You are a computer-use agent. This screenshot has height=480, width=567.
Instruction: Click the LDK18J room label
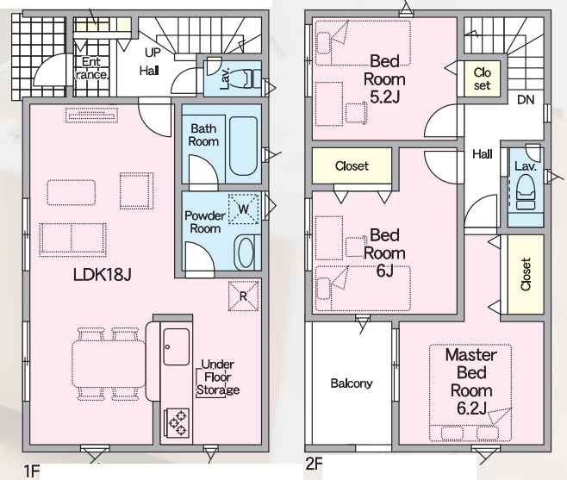(102, 275)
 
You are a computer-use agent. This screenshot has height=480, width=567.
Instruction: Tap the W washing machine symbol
(243, 209)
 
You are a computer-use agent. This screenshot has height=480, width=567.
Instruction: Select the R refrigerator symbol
(243, 296)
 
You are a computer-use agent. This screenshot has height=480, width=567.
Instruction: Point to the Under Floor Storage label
(218, 377)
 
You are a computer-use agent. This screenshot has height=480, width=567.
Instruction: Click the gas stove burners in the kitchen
(177, 422)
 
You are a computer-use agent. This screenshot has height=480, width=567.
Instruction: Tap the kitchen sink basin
(176, 346)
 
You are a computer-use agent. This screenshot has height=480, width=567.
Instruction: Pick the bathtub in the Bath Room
(244, 146)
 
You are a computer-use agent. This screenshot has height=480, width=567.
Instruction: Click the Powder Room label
(205, 221)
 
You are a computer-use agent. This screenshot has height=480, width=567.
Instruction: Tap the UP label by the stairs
(153, 53)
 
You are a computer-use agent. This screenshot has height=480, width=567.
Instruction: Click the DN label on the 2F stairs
(526, 99)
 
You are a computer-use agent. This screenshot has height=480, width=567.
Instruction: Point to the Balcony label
(352, 383)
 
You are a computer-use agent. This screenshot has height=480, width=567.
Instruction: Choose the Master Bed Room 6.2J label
(471, 381)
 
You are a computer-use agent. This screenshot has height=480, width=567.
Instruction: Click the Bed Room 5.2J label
(384, 79)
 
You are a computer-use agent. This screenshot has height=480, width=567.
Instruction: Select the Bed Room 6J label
(384, 252)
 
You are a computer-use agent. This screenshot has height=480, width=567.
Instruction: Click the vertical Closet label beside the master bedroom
(526, 274)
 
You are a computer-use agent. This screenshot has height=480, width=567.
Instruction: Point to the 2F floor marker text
(313, 464)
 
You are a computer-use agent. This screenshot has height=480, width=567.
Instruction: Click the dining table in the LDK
(109, 365)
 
